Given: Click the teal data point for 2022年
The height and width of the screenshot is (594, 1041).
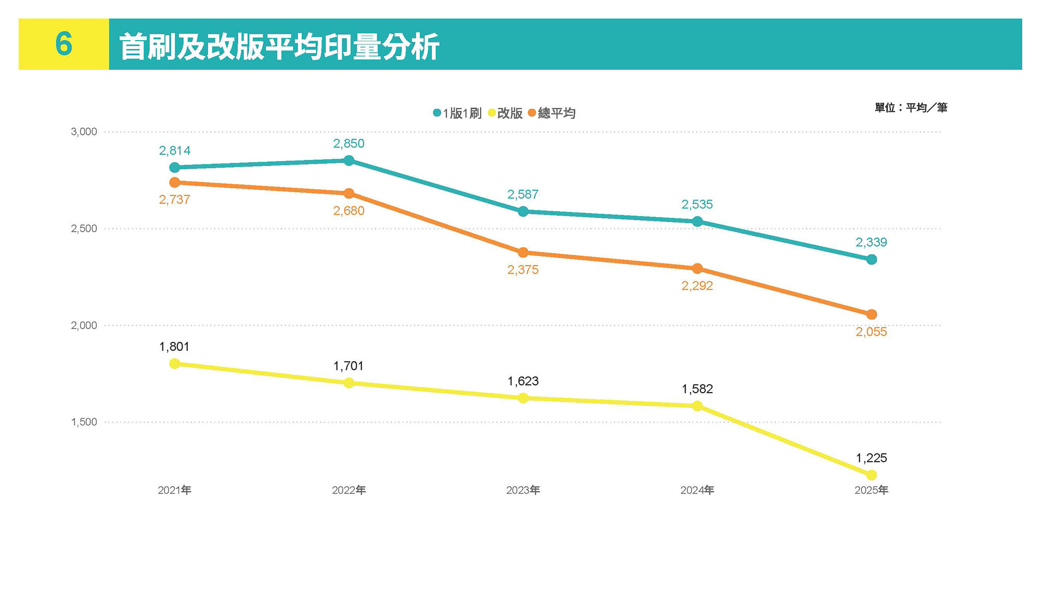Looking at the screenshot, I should coord(349,161).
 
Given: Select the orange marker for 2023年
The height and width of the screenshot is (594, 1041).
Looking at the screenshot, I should coord(523,252).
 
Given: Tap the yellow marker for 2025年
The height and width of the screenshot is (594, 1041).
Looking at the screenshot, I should coord(871,475).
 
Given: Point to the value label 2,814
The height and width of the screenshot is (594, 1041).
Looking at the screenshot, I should coord(174,151).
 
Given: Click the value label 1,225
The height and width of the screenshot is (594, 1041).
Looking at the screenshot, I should coord(871,458).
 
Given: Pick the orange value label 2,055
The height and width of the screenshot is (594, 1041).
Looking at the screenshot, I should coord(871,332).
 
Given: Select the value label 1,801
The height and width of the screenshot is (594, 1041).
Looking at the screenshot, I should coord(174,347).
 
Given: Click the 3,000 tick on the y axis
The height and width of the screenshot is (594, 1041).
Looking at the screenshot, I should coord(84,132).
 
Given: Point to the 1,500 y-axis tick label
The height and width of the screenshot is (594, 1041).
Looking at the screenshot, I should coord(84,422).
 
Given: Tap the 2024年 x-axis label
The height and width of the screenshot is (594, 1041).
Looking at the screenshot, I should coord(697,490).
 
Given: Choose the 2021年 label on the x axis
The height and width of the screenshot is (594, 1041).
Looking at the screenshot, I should coord(174,490).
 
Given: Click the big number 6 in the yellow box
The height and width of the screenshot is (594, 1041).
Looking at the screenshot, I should coord(64,44).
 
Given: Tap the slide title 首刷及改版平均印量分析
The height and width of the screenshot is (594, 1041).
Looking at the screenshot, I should coord(279,47).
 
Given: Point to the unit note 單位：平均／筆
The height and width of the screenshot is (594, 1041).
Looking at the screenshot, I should coord(910,108).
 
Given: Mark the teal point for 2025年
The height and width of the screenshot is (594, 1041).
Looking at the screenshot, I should coord(871,259).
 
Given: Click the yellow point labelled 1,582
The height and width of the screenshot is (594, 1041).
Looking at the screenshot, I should coord(697,406).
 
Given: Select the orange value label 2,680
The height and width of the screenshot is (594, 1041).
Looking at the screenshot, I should coord(349,211).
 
